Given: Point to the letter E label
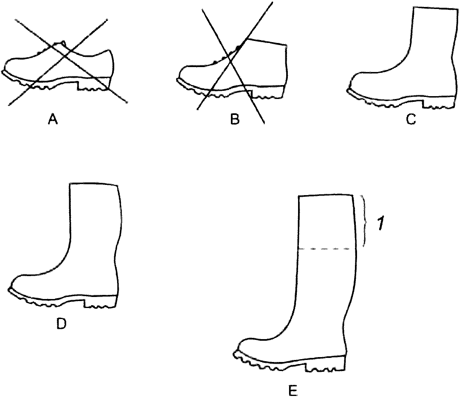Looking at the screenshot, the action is (x=292, y=390).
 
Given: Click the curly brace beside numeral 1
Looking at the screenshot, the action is (x=364, y=221).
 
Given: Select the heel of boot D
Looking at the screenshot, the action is (x=101, y=303).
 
